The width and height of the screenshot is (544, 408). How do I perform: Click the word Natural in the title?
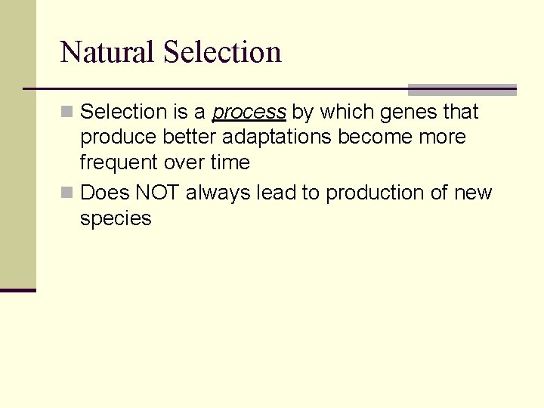pos(107,52)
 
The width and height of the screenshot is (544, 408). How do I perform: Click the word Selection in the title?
pos(222,52)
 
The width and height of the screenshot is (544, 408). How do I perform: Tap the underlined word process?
pos(249,113)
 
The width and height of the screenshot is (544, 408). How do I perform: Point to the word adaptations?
pos(275,138)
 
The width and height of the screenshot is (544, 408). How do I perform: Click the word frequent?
pos(115,162)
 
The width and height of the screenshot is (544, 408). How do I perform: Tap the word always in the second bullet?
pos(218,193)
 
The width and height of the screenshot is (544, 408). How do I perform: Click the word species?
pos(116,219)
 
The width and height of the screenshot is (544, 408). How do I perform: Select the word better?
pos(187,138)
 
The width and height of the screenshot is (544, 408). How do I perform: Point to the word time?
pos(230,162)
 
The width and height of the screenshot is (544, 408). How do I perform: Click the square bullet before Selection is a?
pos(67,113)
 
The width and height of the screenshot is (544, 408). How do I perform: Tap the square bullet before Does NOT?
pos(67,193)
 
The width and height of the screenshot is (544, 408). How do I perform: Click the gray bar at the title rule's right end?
pos(462,89)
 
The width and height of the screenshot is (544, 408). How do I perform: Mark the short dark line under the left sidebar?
pos(17,290)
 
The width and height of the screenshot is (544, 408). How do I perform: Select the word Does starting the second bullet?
pos(105,193)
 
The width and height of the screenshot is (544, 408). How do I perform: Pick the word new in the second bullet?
pos(473,193)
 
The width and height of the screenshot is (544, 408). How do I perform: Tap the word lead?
pos(276,193)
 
